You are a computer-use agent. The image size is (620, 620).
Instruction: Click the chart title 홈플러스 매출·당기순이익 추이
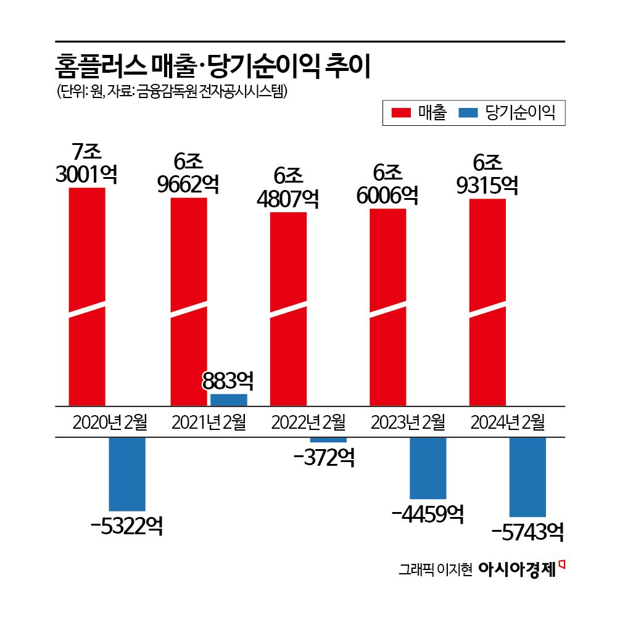pos(213,66)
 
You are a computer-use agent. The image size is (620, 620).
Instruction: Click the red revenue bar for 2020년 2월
pos(87,296)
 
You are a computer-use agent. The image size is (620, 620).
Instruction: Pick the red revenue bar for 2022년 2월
pos(289,308)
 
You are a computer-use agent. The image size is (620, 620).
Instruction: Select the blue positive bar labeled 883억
pos(229,400)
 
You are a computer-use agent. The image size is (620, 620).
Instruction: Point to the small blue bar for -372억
pos(328,440)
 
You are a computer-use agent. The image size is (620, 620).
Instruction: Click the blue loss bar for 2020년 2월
pos(127,474)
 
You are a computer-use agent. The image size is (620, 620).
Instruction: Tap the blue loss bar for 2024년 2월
pos(527,477)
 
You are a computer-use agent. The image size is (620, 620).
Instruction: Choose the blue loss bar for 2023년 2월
pos(428,468)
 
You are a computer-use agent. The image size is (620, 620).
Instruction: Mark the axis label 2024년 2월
pos(508,423)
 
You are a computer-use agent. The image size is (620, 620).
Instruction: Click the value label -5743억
pos(527,531)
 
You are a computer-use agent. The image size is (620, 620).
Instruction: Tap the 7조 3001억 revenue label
pos(86,163)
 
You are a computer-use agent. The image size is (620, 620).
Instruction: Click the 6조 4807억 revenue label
pos(288,188)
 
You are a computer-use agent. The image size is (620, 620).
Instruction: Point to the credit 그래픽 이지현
pos(435,569)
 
